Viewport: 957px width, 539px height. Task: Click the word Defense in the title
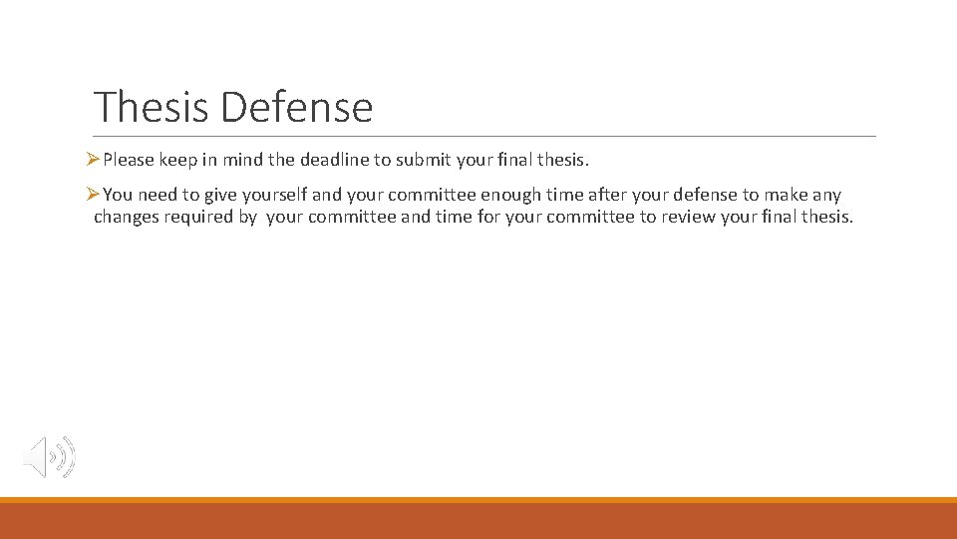297,107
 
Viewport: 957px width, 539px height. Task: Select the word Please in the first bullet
129,160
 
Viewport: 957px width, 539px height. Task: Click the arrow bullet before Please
93,160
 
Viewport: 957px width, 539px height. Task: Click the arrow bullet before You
93,195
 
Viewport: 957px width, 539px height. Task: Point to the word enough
510,195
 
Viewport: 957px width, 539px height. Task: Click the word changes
127,217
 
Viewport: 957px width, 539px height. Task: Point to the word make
786,195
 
